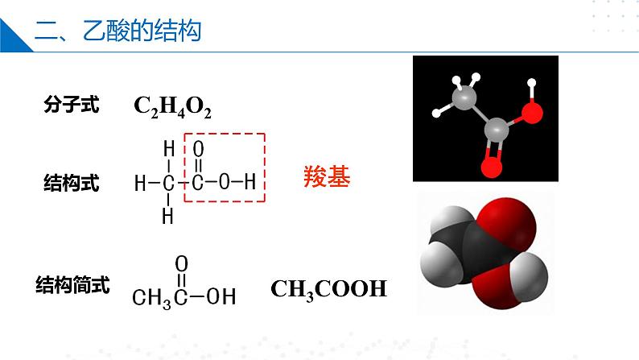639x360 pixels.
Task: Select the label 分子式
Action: pos(72,105)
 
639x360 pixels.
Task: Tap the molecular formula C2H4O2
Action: pos(172,106)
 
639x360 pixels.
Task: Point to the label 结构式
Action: pos(72,184)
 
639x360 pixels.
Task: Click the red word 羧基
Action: pos(327,177)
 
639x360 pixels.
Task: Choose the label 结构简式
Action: pos(73,283)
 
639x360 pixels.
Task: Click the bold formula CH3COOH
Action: pos(328,288)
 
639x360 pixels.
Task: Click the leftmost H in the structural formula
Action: pos(140,184)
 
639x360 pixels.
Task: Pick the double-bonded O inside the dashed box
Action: pos(199,150)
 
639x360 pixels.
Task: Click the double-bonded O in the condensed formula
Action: pos(182,263)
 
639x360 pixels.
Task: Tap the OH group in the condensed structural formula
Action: pos(221,296)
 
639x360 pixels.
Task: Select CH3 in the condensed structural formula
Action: pos(153,297)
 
